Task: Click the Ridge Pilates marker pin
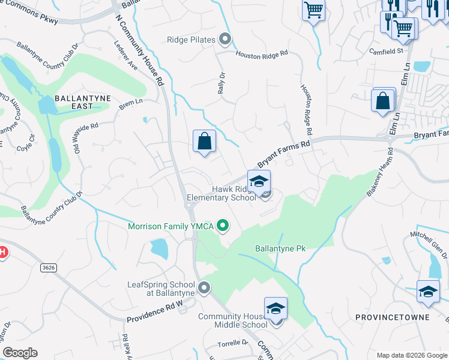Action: tap(225, 40)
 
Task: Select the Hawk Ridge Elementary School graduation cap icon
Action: tap(259, 181)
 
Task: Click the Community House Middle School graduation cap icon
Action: tap(276, 308)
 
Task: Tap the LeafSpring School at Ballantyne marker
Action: tap(204, 288)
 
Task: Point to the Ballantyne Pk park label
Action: tap(281, 248)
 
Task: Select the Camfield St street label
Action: tap(385, 51)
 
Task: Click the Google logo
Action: tap(20, 353)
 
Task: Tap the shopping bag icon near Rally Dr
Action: tap(204, 142)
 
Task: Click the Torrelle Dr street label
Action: tap(233, 343)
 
